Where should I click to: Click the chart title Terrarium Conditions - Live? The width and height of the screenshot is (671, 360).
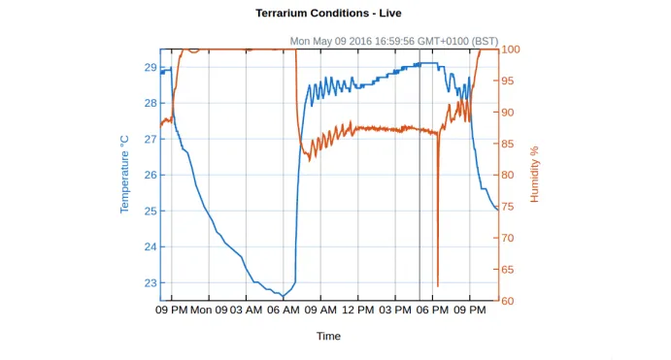point(328,14)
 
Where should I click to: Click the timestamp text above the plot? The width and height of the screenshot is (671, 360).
point(393,42)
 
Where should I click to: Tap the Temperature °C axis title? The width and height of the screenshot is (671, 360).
point(124,175)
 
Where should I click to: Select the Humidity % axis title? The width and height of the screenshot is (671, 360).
point(534,175)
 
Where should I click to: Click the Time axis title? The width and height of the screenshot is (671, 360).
point(328,336)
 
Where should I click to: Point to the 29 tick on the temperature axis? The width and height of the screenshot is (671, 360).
point(151,67)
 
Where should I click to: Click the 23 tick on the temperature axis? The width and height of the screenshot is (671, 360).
point(151,283)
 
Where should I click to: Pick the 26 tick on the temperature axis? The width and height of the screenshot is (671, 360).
point(151,175)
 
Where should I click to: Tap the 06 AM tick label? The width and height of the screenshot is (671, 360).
point(284,311)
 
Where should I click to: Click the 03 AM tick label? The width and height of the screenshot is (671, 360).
point(247,311)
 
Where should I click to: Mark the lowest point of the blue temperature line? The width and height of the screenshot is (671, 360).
point(284,297)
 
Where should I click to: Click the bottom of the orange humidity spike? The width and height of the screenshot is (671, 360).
point(437,286)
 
